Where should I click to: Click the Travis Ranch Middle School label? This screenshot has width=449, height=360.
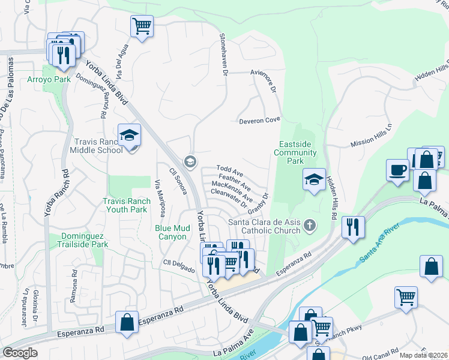coord(98,146)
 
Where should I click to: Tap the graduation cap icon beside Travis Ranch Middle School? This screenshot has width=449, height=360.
coord(128,136)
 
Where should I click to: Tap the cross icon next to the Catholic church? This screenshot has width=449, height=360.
coord(310,226)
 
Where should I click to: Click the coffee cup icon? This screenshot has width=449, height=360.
coord(397,170)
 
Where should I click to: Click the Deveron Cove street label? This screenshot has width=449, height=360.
coord(260,120)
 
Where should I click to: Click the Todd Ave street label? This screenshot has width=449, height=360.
coord(229,171)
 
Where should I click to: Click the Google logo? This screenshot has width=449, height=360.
coord(20,353)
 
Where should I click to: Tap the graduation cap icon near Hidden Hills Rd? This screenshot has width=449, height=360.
coord(314,179)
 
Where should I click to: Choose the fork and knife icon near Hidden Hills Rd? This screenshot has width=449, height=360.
coord(352,227)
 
